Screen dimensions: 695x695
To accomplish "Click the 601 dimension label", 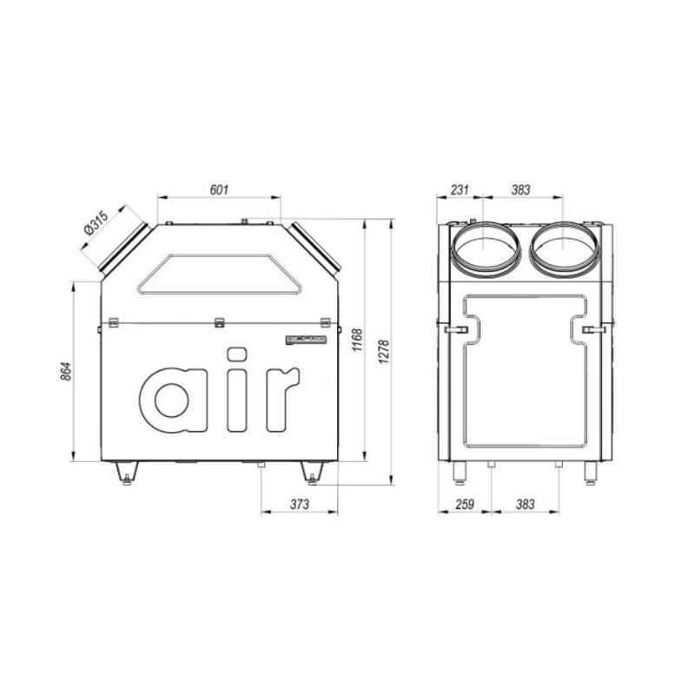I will pyautogui.click(x=220, y=189).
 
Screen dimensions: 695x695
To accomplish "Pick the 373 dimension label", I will pyautogui.click(x=298, y=503).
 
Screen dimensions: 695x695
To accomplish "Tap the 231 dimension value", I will pyautogui.click(x=460, y=189).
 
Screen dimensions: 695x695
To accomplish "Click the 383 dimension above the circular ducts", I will pyautogui.click(x=520, y=189).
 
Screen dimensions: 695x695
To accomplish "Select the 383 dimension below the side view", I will pyautogui.click(x=525, y=503).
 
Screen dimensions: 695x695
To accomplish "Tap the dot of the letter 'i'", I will pyautogui.click(x=236, y=354).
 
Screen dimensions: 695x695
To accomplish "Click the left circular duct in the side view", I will pyautogui.click(x=485, y=248).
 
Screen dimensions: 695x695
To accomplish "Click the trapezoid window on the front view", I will pyautogui.click(x=221, y=275).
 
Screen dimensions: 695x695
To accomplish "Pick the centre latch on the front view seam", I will pyautogui.click(x=220, y=323).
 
